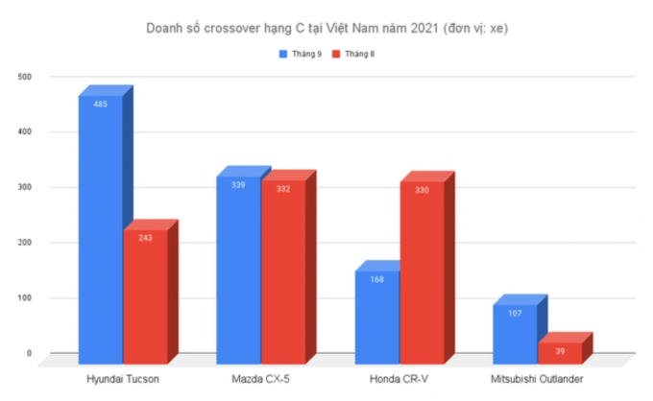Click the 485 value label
[x=100, y=104]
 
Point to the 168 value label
[x=376, y=280]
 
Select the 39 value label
[x=559, y=351]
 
